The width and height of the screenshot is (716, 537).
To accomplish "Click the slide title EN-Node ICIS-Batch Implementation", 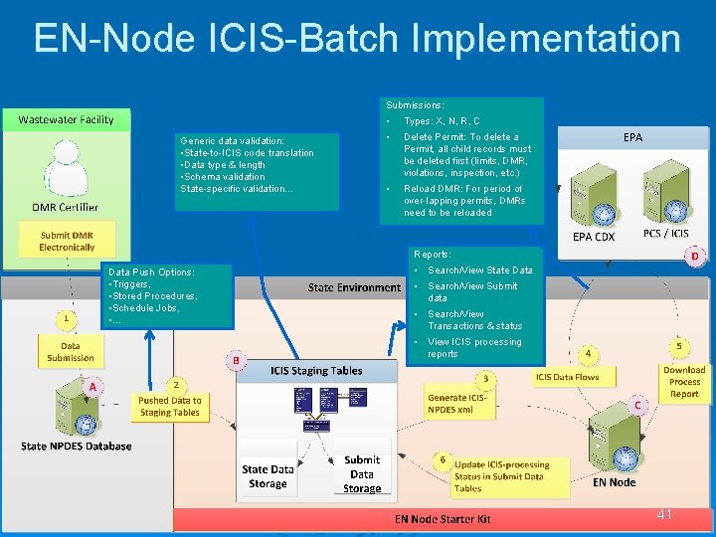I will pyautogui.click(x=357, y=39).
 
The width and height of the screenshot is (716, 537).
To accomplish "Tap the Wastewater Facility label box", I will pyautogui.click(x=67, y=119).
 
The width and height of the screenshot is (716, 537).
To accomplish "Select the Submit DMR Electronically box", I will pyautogui.click(x=67, y=241).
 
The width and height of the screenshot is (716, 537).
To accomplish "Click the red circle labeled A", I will pyautogui.click(x=91, y=386).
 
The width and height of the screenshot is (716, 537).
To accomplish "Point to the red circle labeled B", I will pyautogui.click(x=237, y=359).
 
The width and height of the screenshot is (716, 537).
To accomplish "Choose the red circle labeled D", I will pyautogui.click(x=694, y=257).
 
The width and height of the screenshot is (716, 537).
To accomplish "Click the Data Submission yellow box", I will pyautogui.click(x=71, y=351).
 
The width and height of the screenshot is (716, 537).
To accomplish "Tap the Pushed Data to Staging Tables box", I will pyautogui.click(x=169, y=406).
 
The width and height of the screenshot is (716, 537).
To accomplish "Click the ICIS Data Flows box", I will pyautogui.click(x=567, y=377).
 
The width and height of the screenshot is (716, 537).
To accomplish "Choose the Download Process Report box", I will pyautogui.click(x=684, y=382).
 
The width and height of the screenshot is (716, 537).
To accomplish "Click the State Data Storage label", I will pyautogui.click(x=268, y=476).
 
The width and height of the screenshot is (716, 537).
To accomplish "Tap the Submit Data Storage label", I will pyautogui.click(x=362, y=474).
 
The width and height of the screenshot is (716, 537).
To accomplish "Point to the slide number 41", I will pyautogui.click(x=664, y=514).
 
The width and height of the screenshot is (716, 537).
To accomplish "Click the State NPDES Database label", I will pyautogui.click(x=77, y=447).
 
